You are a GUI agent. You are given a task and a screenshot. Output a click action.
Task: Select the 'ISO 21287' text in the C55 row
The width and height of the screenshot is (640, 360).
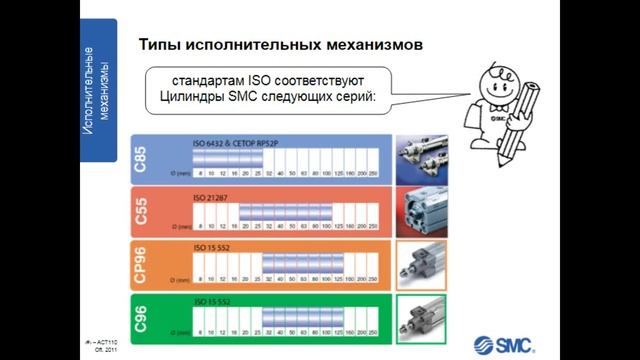[212, 198]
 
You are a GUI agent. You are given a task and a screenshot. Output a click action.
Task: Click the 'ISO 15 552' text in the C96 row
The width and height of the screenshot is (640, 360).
[213, 301]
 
